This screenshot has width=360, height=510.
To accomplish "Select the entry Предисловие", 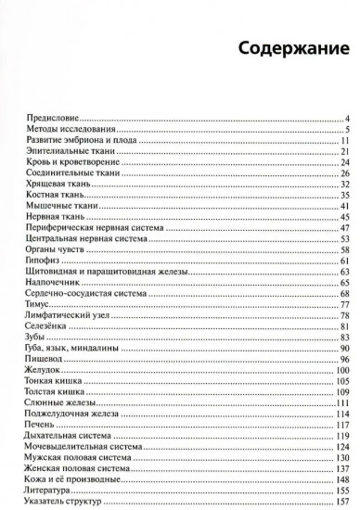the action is [51, 119].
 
